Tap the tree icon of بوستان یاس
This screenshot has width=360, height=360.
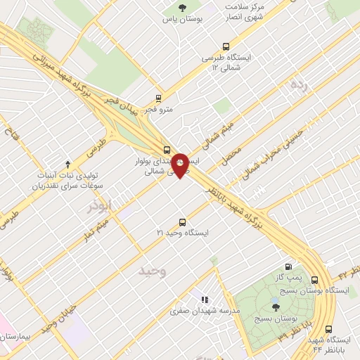(x=183, y=8)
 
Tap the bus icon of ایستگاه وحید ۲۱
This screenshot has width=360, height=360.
(x=183, y=221)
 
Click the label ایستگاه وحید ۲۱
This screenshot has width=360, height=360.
(x=183, y=231)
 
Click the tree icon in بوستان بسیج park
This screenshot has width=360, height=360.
(x=275, y=306)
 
